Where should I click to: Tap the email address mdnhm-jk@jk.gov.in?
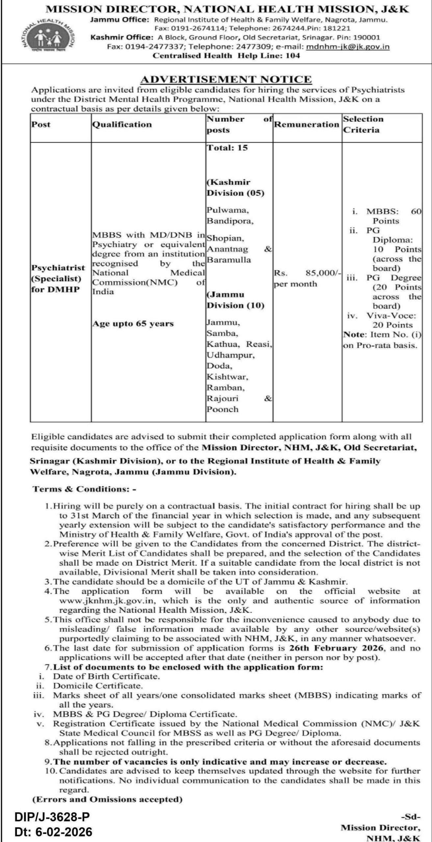coord(348,46)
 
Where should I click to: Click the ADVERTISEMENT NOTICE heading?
coord(226,79)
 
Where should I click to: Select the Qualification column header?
coord(122,124)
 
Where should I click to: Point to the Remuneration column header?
coord(306,124)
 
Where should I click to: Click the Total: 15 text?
coord(227,148)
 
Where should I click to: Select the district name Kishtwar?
coord(227,377)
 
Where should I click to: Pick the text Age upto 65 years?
coord(133,324)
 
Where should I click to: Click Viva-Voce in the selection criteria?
coord(391,316)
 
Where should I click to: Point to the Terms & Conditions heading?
coord(84,489)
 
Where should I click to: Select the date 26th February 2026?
coord(336,648)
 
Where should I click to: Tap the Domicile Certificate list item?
coord(98,686)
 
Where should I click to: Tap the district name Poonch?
coord(222,409)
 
